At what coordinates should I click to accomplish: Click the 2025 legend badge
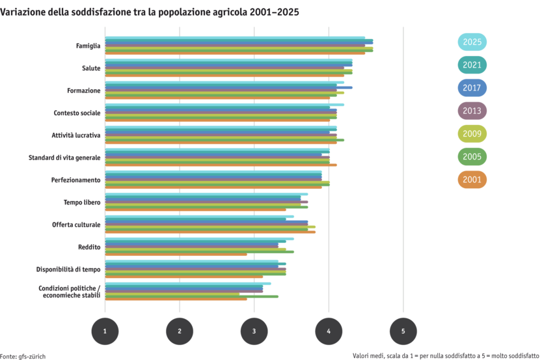click(x=472, y=42)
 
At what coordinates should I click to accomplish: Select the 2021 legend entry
click(x=472, y=65)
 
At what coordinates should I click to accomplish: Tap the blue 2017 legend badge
click(x=472, y=88)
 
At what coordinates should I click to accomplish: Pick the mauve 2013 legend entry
click(x=472, y=111)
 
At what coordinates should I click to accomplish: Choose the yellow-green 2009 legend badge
click(x=472, y=133)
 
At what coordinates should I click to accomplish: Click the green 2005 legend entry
click(x=472, y=157)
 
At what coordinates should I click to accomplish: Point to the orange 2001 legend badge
click(x=472, y=180)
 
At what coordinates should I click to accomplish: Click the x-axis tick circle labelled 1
click(x=105, y=331)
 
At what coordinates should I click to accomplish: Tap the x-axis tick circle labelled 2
click(x=180, y=331)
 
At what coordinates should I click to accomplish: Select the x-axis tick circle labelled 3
click(x=254, y=331)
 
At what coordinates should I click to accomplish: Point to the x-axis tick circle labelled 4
click(x=329, y=331)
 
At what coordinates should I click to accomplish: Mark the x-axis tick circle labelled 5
click(x=403, y=331)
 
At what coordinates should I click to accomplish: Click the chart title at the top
click(x=150, y=12)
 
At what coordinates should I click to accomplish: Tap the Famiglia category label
click(x=88, y=46)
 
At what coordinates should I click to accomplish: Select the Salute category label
click(x=91, y=68)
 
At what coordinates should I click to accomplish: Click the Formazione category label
click(x=84, y=90)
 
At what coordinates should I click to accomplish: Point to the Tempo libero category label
click(x=82, y=202)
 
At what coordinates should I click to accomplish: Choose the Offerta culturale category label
click(x=77, y=224)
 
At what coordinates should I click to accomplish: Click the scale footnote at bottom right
click(x=447, y=355)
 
